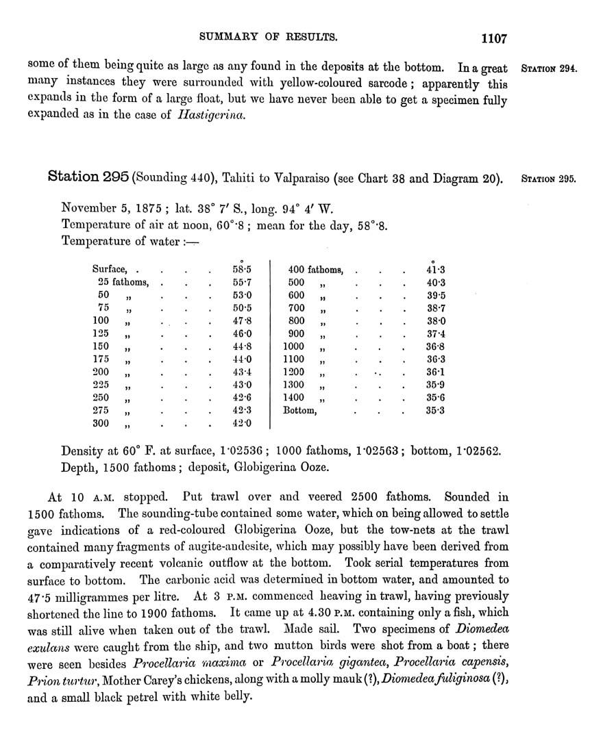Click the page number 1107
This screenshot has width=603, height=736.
(493, 38)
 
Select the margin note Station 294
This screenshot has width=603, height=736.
(549, 69)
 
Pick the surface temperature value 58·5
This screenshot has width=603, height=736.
(242, 270)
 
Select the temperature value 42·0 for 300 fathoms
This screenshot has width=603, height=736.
(242, 424)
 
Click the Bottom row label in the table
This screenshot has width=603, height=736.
(300, 411)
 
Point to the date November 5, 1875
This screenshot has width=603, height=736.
(112, 208)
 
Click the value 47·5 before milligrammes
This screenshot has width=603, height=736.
(41, 596)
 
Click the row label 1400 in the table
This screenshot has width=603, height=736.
(295, 398)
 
